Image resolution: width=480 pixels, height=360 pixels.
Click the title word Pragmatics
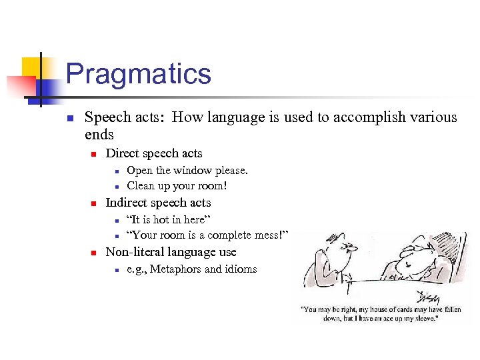pyautogui.click(x=138, y=74)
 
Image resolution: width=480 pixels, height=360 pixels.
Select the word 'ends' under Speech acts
pyautogui.click(x=99, y=135)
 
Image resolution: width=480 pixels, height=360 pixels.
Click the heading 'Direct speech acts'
pyautogui.click(x=154, y=153)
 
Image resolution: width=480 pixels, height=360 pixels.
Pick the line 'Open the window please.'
pyautogui.click(x=187, y=170)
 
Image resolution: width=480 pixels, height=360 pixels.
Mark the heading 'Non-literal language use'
pyautogui.click(x=171, y=252)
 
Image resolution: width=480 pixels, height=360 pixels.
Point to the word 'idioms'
pyautogui.click(x=241, y=269)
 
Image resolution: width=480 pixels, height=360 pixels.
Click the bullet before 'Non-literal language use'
pyautogui.click(x=94, y=253)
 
